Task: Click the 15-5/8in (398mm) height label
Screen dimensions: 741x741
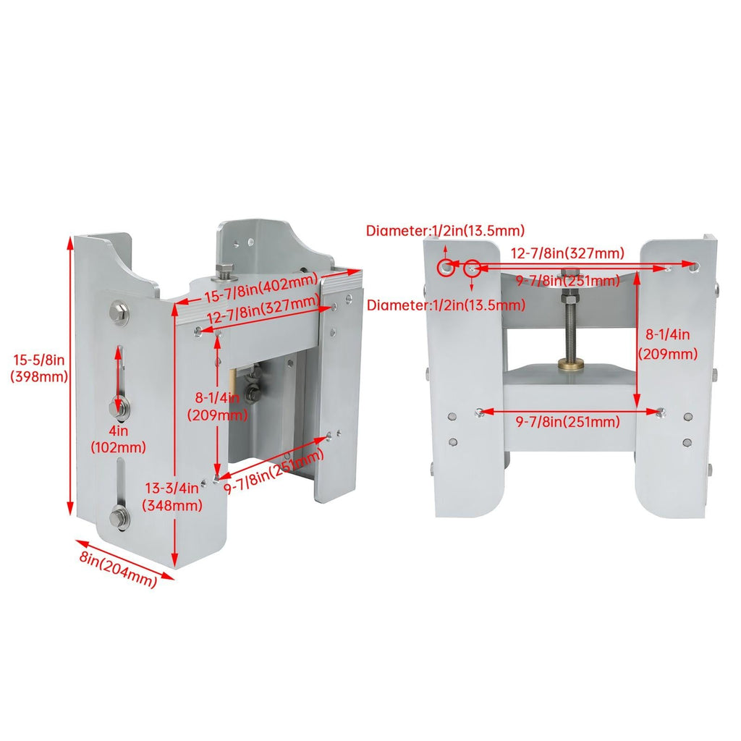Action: click(40, 368)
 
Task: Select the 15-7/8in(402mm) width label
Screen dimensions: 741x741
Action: click(261, 288)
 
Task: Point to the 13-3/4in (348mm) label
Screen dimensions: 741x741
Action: click(172, 496)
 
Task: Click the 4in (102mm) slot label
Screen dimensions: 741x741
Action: click(118, 439)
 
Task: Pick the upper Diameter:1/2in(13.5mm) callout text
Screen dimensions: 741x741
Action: click(445, 231)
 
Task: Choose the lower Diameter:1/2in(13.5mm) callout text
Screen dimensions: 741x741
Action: click(446, 305)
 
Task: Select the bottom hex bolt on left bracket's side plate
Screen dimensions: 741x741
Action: click(119, 516)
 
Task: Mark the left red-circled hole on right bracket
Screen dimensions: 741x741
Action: click(446, 268)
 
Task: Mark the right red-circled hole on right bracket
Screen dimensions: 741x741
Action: click(472, 269)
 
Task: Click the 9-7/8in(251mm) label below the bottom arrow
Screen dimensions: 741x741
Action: click(567, 422)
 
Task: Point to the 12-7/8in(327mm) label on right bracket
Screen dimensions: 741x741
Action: click(567, 253)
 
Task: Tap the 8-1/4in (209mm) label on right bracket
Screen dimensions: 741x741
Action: click(668, 344)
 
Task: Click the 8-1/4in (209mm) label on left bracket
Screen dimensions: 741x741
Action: click(217, 407)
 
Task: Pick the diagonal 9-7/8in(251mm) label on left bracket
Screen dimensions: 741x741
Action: click(274, 470)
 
